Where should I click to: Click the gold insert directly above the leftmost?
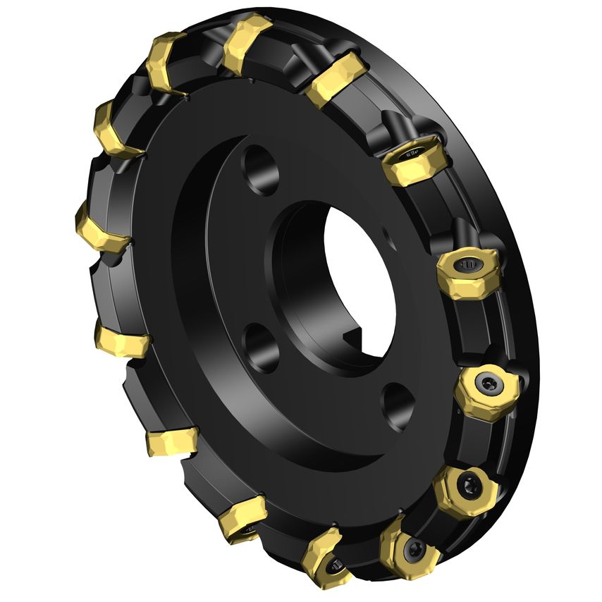tap(118, 131)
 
